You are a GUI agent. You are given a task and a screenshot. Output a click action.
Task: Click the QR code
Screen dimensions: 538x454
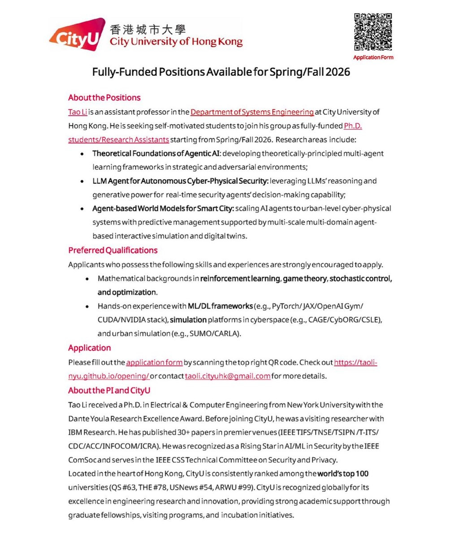[373, 32]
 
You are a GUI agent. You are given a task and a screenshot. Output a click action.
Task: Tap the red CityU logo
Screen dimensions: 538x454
[75, 35]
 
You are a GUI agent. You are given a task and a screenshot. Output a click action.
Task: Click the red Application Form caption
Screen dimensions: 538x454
[373, 57]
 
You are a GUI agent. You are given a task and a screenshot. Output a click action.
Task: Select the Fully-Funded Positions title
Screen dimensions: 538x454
[221, 72]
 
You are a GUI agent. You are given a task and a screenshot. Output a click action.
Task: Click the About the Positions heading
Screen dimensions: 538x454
[104, 98]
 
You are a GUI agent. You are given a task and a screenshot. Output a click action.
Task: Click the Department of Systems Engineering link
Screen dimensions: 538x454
[252, 112]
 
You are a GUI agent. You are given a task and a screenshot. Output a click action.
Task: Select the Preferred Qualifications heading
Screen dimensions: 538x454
[112, 250]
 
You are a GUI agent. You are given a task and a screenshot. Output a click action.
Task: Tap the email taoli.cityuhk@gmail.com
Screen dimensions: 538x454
[227, 376]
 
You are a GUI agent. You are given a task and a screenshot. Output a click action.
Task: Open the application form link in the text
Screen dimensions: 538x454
[154, 362]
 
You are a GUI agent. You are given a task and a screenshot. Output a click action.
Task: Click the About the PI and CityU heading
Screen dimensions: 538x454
[109, 390]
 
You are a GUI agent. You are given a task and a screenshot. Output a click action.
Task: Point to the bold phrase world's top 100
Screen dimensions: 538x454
[343, 473]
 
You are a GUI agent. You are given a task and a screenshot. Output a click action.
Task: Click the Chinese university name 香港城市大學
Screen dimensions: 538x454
[147, 30]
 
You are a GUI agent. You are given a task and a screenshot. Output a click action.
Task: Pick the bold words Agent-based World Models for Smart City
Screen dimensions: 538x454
[163, 208]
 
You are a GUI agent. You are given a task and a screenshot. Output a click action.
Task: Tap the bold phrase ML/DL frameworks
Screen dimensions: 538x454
[220, 306]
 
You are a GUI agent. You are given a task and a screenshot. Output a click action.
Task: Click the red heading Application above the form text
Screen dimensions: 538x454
[89, 348]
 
